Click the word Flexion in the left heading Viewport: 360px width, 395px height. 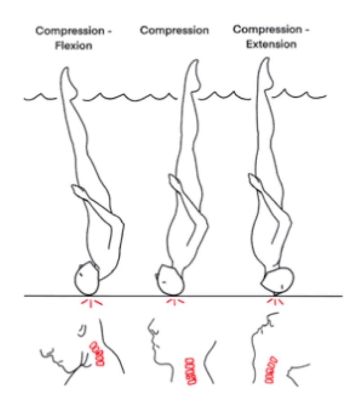(x=74, y=45)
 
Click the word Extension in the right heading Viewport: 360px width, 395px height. (x=271, y=44)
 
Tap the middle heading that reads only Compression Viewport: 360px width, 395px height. (x=175, y=31)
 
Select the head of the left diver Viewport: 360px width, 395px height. (x=87, y=278)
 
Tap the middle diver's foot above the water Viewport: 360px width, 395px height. (x=193, y=76)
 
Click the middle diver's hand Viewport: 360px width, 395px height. (x=174, y=182)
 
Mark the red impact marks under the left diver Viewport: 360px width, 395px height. (x=92, y=303)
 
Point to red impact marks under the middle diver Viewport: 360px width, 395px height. (x=175, y=301)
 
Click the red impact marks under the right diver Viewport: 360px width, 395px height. (x=275, y=301)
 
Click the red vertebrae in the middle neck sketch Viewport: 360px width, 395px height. (x=191, y=371)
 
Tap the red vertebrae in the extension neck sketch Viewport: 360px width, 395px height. (x=270, y=370)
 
